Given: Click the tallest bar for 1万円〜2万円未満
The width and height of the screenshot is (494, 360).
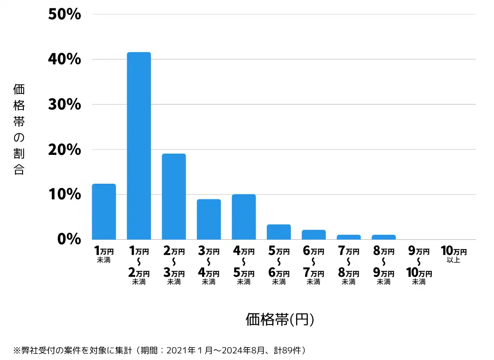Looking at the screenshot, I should click(x=139, y=146).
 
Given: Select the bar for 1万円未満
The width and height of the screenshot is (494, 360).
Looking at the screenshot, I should click(x=104, y=212).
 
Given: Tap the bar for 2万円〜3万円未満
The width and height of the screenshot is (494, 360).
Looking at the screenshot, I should click(x=174, y=196).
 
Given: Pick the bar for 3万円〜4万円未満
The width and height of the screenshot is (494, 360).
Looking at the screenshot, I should click(x=209, y=219).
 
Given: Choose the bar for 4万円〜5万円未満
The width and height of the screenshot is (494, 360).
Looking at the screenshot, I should click(x=244, y=217).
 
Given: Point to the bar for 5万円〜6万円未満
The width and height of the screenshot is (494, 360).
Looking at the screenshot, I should click(x=279, y=232).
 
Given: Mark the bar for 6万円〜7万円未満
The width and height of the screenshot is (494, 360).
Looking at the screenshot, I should click(x=314, y=235).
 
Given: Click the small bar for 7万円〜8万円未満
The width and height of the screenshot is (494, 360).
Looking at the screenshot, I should click(x=349, y=237).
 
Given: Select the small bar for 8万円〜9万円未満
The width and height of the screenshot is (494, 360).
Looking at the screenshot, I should click(x=384, y=237).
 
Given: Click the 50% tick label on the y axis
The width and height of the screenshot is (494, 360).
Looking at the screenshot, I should click(x=64, y=15).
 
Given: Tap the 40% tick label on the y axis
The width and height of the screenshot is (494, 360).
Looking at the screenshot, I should click(x=64, y=60).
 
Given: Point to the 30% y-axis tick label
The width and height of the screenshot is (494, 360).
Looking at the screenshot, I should click(x=64, y=105).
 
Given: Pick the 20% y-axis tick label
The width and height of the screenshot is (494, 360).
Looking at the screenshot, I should click(x=64, y=150).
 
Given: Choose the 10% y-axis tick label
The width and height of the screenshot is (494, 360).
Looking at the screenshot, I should click(x=64, y=194).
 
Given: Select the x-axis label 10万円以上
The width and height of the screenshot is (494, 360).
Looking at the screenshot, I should click(x=454, y=254).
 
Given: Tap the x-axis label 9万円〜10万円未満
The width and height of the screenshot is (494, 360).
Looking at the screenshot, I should click(x=419, y=266).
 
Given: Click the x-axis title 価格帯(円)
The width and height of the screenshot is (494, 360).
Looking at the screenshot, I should click(x=280, y=320).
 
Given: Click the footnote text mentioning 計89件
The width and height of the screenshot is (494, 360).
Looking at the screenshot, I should click(x=161, y=351).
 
